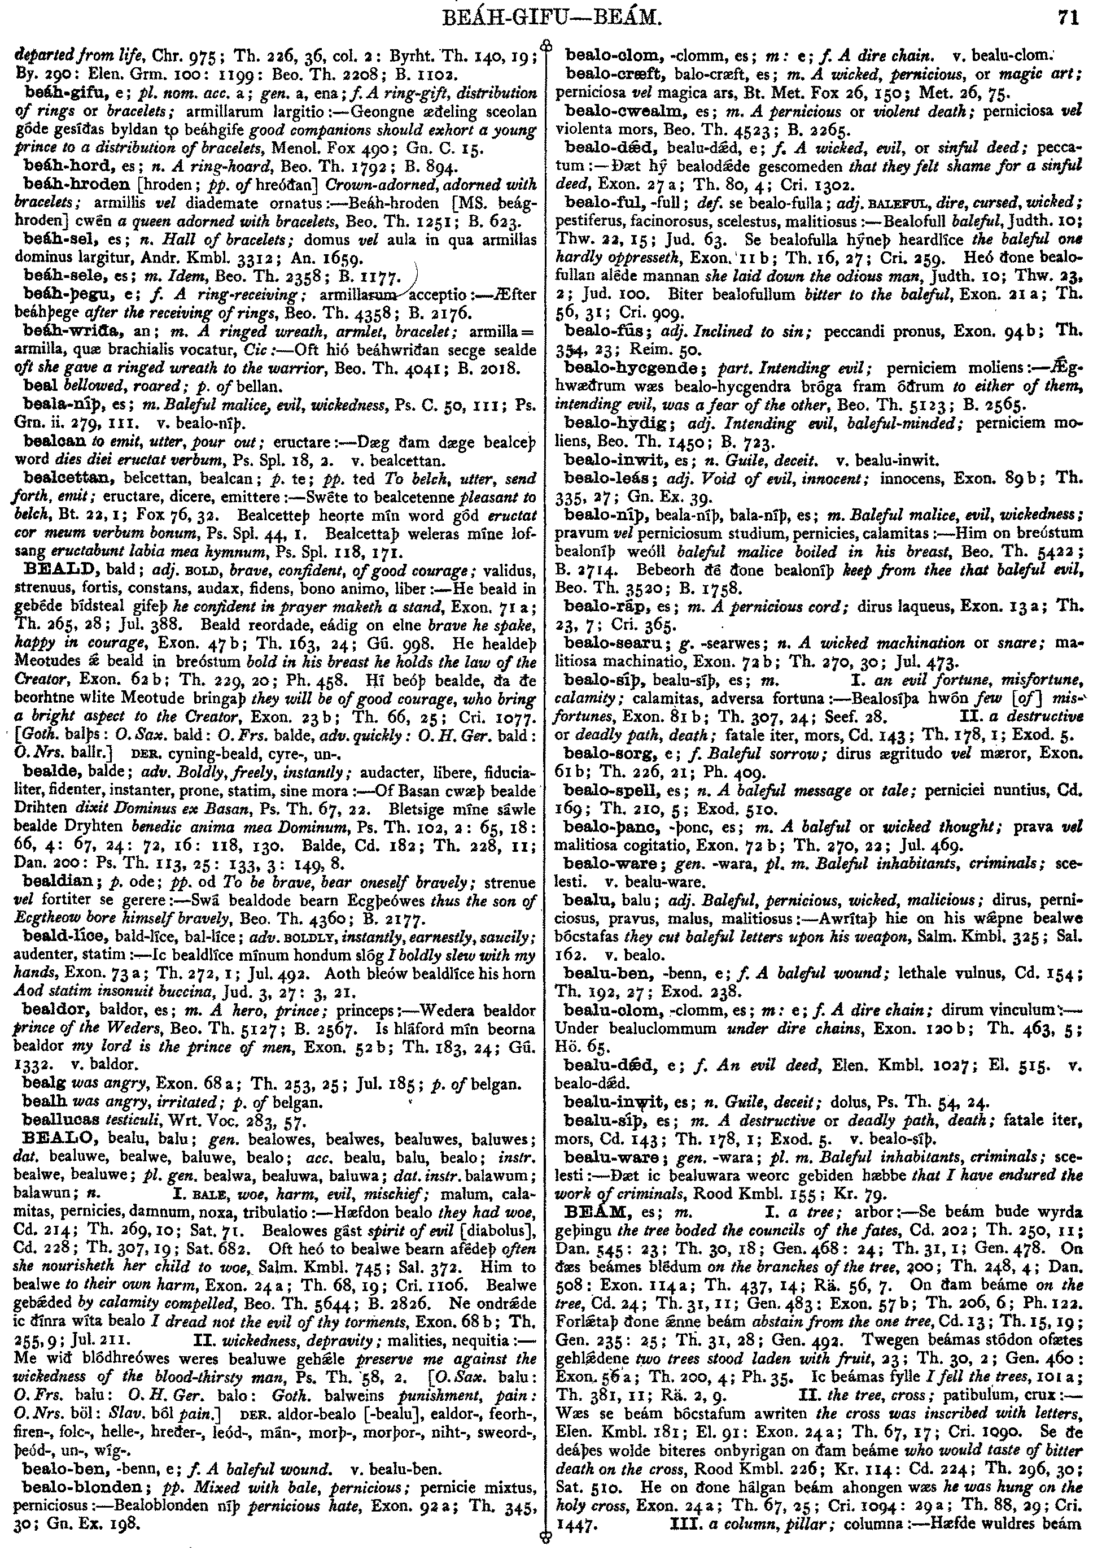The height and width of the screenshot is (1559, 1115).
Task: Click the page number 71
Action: click(1069, 16)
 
